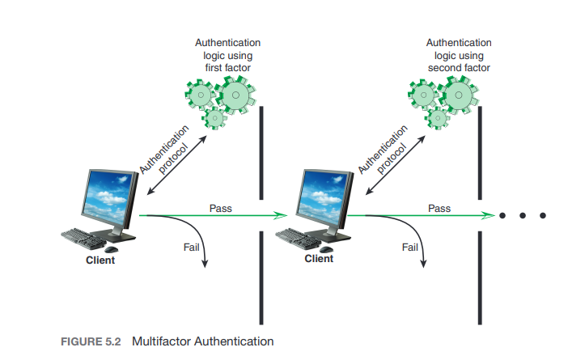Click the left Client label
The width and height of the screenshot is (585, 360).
[100, 260]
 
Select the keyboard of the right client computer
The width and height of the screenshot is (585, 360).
[302, 237]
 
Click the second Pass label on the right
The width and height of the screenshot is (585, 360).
[439, 208]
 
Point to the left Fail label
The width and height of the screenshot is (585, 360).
[193, 246]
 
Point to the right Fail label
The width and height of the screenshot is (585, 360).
[410, 246]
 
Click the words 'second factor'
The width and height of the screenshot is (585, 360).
[459, 68]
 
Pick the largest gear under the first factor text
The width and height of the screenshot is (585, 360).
[235, 95]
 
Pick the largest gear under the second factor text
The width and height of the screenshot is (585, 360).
[459, 95]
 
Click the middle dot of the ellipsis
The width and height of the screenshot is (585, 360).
[524, 216]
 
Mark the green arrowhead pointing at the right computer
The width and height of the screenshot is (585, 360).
[281, 216]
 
